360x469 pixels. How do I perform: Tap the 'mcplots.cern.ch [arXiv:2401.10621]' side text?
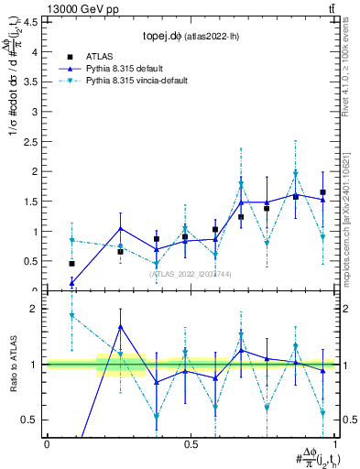pyautogui.click(x=351, y=210)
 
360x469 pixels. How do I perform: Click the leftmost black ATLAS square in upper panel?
pyautogui.click(x=71, y=264)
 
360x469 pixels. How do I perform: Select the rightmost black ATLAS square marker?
pyautogui.click(x=323, y=192)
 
